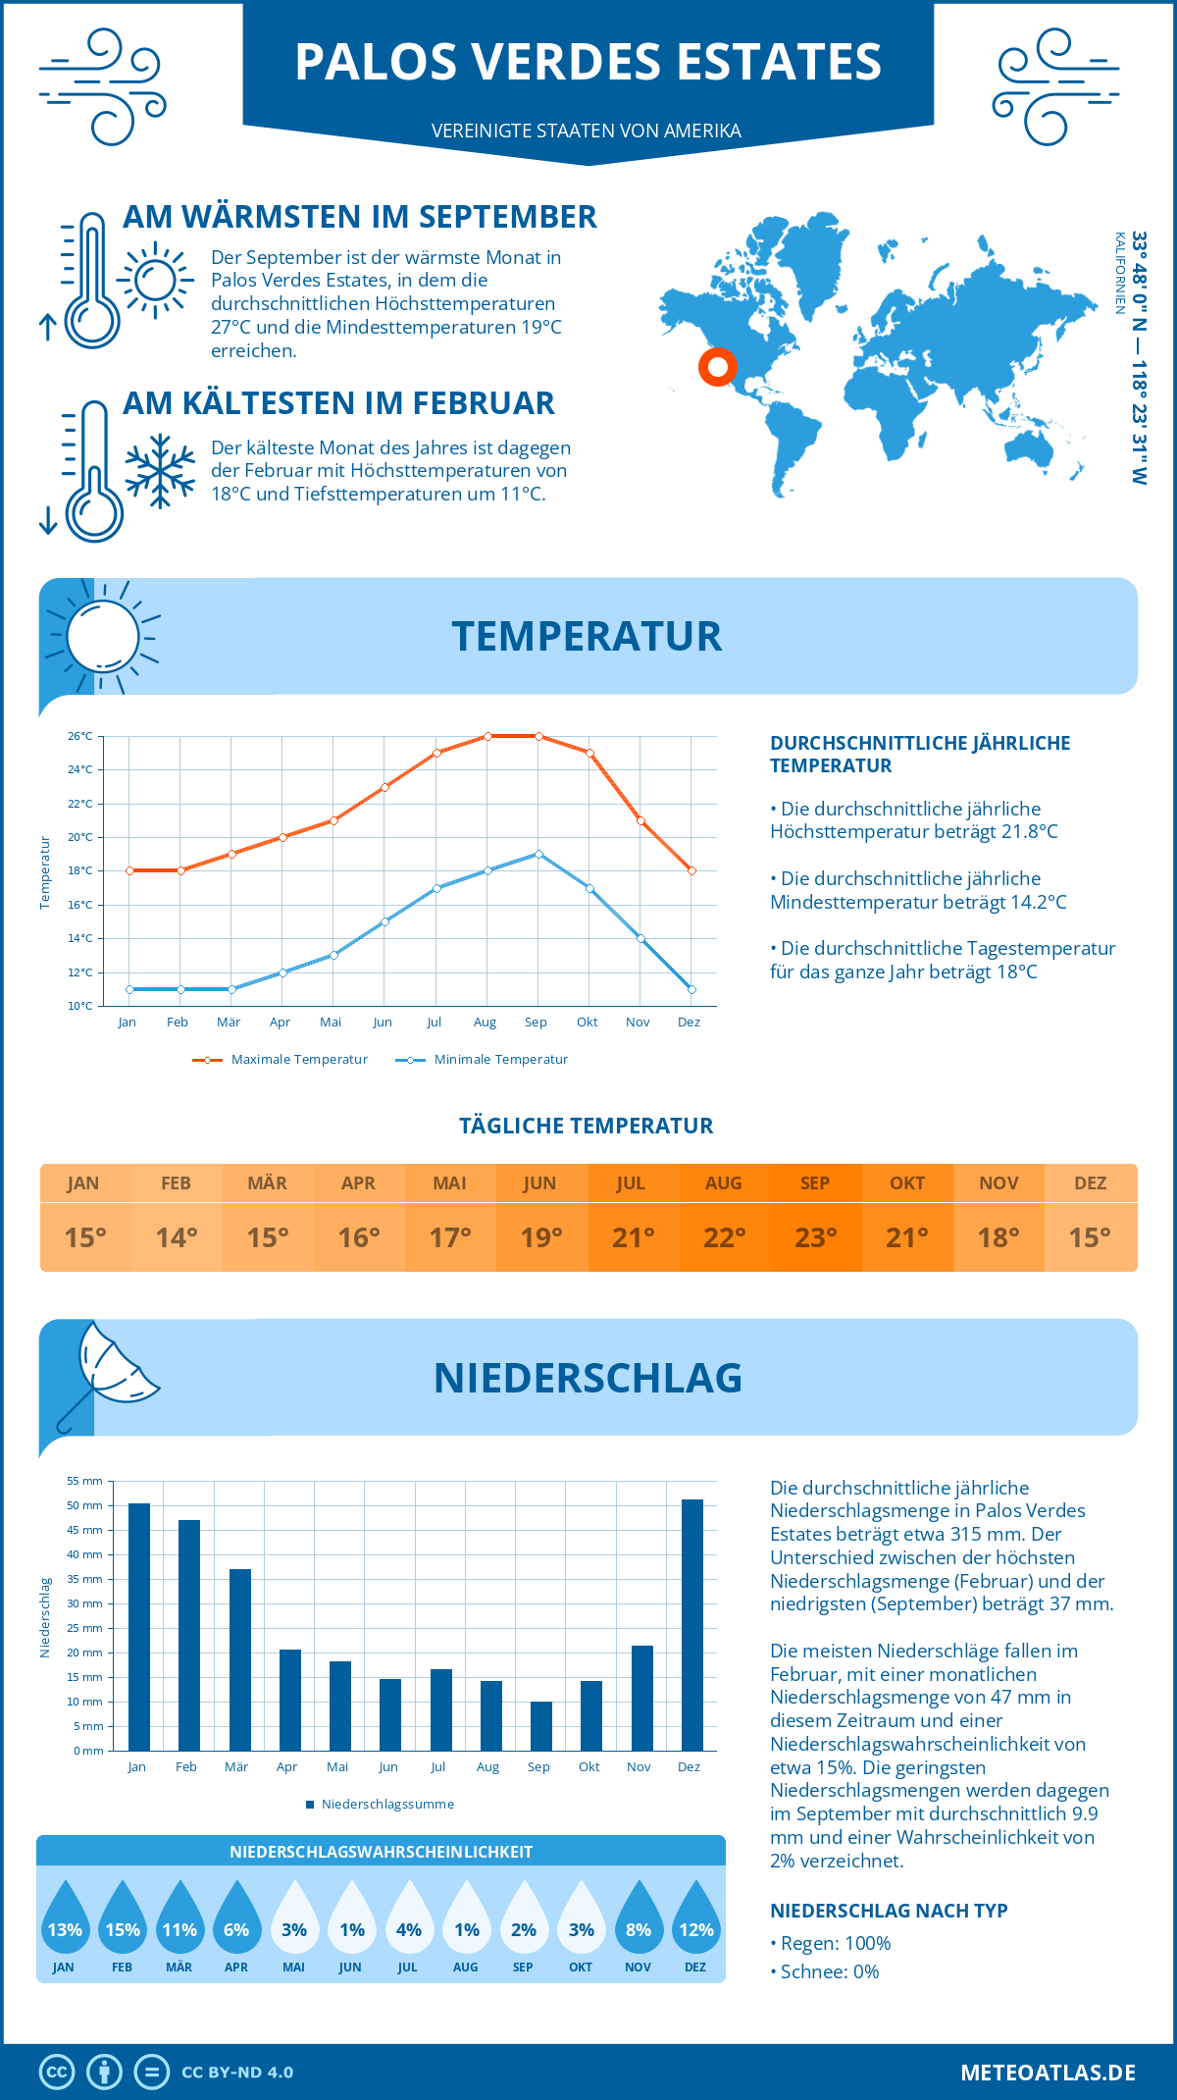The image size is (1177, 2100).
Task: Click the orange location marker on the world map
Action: coord(718,367)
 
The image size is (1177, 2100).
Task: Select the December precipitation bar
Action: coord(691,1624)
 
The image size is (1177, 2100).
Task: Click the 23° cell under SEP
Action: coord(815,1237)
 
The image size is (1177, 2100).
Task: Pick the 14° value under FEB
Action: coord(177,1237)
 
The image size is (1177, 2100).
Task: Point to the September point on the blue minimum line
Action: coord(538,854)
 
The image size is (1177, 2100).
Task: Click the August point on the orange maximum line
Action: coord(487,736)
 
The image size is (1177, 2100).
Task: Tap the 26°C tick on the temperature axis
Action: coord(80,736)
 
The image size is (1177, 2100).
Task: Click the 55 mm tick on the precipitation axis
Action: coord(85,1481)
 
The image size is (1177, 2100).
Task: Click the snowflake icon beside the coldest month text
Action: coord(160,471)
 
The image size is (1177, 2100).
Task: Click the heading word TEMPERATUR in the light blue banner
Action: coord(587,636)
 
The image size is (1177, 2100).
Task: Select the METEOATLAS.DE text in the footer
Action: coord(1048,2073)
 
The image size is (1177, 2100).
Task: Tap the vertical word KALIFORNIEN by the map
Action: coord(1119,273)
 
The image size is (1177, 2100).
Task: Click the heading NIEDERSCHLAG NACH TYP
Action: coord(889,1911)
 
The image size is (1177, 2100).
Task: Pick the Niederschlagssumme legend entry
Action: coord(386,1804)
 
